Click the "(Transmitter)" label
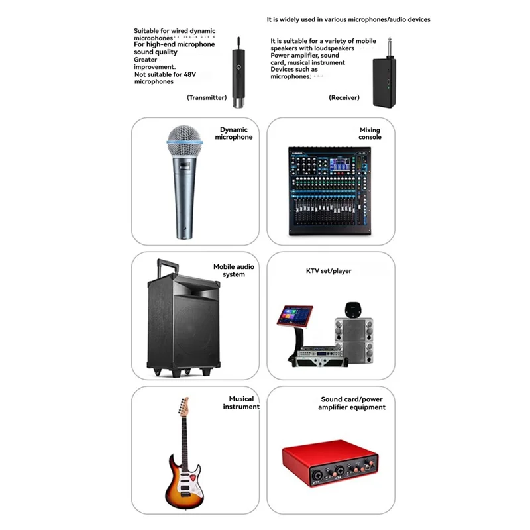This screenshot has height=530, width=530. [207, 97]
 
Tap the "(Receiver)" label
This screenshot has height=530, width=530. [344, 97]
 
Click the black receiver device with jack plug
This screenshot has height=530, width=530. [385, 77]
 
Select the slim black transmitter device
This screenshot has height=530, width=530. [238, 74]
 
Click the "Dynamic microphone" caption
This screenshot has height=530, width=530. [234, 133]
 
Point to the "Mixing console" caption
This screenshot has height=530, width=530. [370, 134]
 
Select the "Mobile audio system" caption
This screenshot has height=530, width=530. [234, 270]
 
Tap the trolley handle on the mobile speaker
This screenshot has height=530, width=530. [168, 266]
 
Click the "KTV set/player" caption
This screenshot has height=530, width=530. [329, 271]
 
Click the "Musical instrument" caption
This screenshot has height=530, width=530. [241, 403]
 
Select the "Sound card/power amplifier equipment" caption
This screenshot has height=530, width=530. [352, 403]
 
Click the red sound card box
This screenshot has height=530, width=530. [330, 463]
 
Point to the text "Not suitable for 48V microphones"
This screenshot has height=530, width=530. [165, 78]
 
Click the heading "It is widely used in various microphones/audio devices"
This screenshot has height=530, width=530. [348, 20]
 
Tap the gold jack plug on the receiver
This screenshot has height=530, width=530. [390, 48]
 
